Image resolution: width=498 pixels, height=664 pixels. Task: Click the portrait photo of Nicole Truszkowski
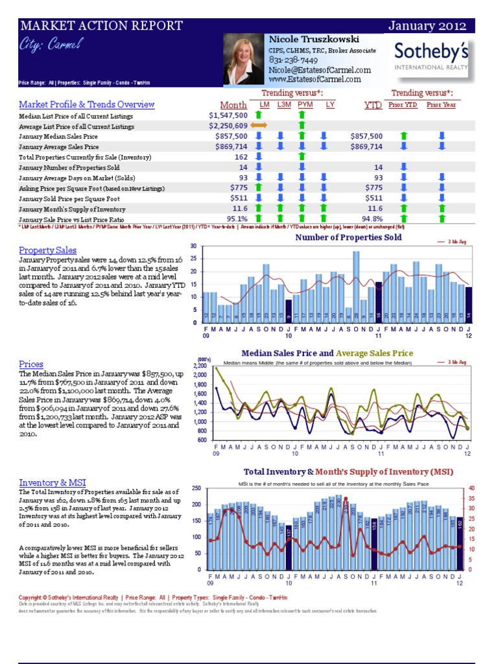pos(244,60)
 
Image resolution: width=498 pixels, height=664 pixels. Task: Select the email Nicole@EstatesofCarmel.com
pos(320,70)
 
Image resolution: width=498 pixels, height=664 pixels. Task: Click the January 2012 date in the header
pos(427,26)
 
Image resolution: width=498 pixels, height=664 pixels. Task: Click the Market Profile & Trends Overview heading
pos(86,104)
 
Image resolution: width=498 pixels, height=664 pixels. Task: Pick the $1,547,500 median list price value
pos(224,115)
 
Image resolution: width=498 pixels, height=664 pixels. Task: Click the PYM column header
pos(305,104)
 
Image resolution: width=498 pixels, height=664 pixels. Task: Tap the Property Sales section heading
pos(47,250)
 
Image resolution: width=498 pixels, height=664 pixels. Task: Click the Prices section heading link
pos(31,364)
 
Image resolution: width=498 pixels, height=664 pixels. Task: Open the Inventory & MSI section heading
pos(52,482)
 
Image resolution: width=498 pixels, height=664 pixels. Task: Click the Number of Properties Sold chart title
pos(348,237)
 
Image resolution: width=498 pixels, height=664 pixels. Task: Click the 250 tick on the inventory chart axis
pos(196,488)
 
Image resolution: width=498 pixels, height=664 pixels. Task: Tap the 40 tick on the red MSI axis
pos(471,488)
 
